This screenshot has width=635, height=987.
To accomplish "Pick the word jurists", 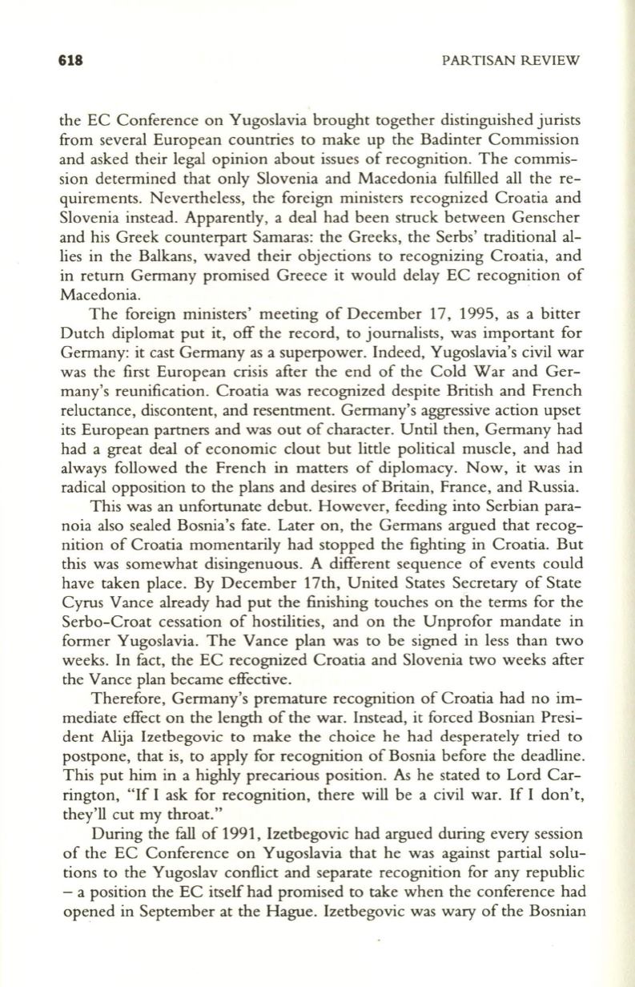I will click(553, 121).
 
